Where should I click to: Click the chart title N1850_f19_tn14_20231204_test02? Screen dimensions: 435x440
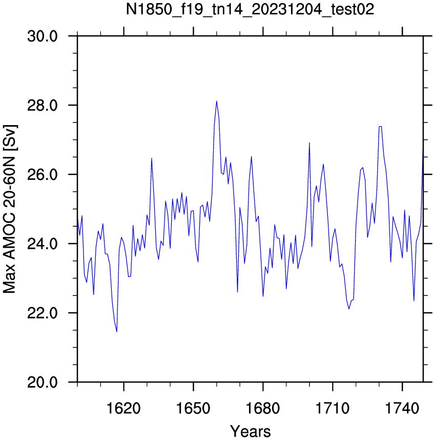tap(250, 10)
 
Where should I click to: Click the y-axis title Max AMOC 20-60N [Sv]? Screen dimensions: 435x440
tap(10, 209)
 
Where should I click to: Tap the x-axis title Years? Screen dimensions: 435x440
tap(251, 431)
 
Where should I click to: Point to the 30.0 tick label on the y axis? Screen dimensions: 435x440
tap(43, 36)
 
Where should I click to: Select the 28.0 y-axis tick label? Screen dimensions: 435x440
tap(43, 106)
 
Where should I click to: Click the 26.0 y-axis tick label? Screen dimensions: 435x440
tap(43, 175)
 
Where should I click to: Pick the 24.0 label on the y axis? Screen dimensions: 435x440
tap(43, 244)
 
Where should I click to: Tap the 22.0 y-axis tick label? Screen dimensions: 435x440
tap(43, 313)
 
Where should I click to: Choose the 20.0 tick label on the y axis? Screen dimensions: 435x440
tap(43, 382)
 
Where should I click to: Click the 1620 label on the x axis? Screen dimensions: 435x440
tap(123, 409)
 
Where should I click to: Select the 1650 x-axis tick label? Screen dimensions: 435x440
tap(193, 409)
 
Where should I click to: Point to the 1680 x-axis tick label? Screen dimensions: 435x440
tap(263, 409)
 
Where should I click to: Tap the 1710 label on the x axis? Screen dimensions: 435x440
tap(333, 409)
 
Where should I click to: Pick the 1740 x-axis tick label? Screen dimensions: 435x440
tap(402, 409)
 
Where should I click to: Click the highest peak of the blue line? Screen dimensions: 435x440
tap(217, 102)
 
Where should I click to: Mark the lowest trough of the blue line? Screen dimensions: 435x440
tap(117, 332)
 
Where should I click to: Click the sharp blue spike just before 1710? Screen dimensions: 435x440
tap(309, 143)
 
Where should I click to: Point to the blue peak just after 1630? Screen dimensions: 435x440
tap(152, 158)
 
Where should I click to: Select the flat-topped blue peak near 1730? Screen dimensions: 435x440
tap(380, 127)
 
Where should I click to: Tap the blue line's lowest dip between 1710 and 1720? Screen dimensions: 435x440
tap(349, 309)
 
